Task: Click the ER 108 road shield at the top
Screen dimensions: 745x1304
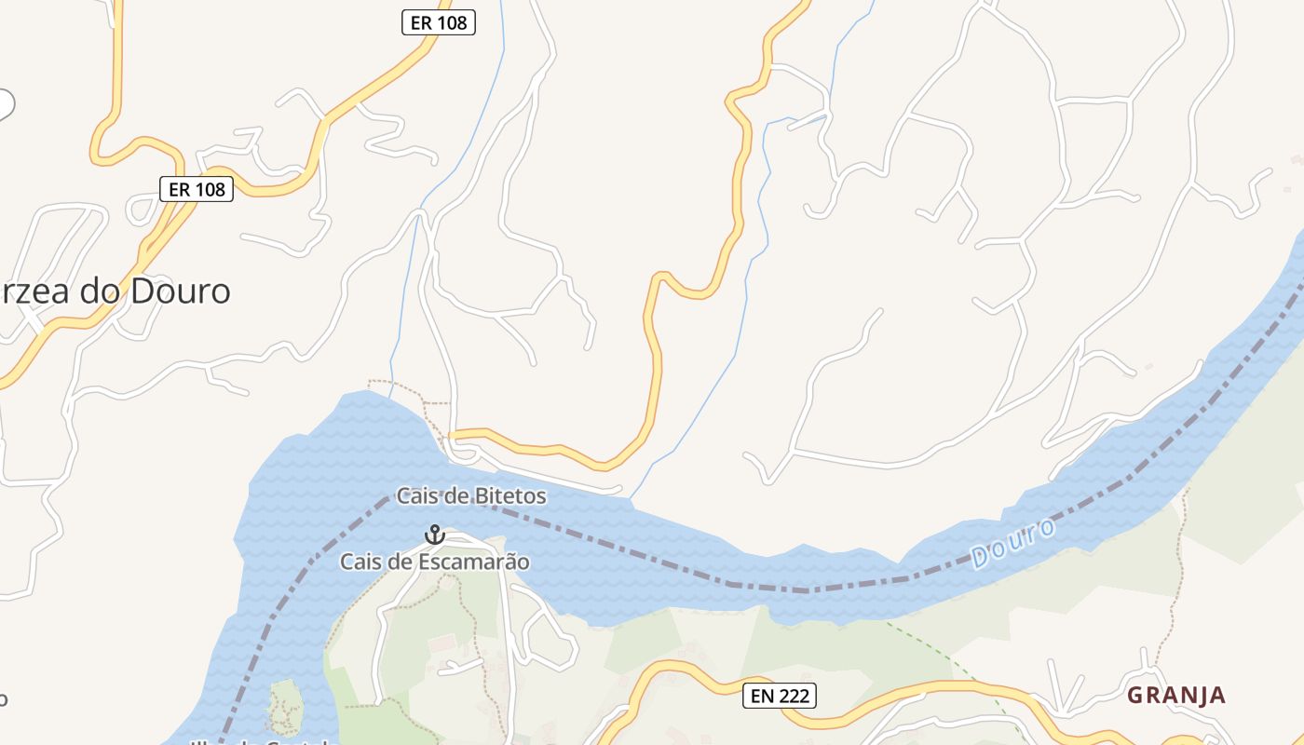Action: pos(439,22)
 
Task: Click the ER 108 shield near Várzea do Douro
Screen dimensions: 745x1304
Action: pos(196,189)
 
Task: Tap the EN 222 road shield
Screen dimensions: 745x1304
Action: pos(780,695)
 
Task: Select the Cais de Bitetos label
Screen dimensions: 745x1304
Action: pos(471,496)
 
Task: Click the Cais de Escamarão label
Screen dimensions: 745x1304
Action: pos(434,562)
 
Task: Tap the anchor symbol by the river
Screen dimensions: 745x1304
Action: pos(434,535)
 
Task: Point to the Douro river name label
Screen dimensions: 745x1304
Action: pos(1013,544)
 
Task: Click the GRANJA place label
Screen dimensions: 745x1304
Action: pos(1176,695)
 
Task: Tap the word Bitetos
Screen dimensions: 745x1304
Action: pos(509,496)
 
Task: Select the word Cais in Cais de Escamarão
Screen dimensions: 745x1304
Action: pos(360,562)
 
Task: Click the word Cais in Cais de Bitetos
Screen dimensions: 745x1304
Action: pos(416,496)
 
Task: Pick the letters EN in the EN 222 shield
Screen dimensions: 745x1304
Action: pos(761,695)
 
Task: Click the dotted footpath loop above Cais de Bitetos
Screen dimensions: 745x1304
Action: pos(410,386)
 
